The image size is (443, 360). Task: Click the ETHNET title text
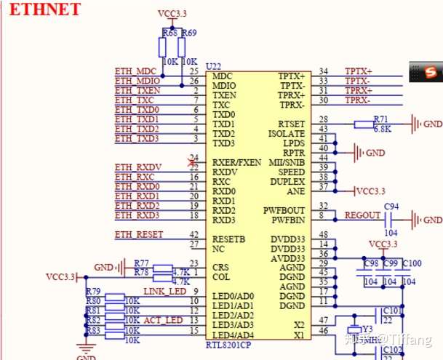point(41,9)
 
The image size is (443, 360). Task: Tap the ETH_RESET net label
point(139,234)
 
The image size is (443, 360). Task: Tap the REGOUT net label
point(362,215)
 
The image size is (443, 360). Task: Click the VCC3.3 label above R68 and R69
point(173,14)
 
